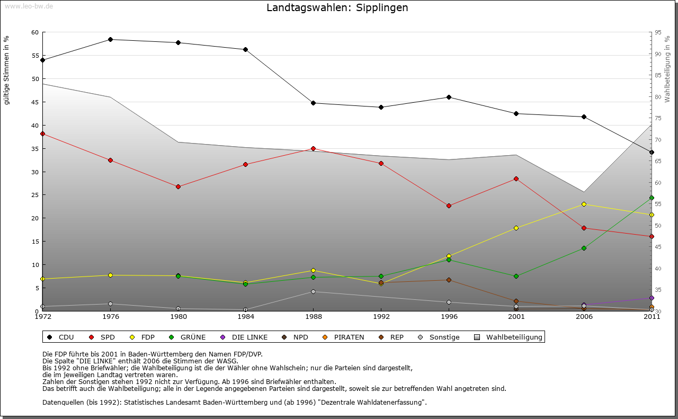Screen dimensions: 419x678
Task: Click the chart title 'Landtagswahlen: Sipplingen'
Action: coord(337,8)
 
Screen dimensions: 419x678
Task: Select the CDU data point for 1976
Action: coord(110,39)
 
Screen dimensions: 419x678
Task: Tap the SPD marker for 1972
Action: coord(42,133)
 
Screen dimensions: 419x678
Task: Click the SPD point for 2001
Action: coord(516,179)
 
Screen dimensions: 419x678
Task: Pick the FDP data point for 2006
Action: coord(584,204)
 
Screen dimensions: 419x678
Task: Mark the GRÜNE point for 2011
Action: coord(652,198)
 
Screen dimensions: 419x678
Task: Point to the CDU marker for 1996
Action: coord(449,97)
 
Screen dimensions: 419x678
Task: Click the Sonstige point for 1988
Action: coord(313,291)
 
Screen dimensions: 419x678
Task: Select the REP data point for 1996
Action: coord(449,280)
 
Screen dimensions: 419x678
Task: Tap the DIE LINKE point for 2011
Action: coord(652,298)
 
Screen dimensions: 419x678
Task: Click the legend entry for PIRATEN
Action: coord(349,337)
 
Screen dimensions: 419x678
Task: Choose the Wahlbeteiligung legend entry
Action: coord(514,337)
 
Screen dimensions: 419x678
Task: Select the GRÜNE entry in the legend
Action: coord(193,337)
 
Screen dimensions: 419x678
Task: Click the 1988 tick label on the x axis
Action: coord(313,317)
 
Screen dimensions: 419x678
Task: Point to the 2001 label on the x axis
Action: coord(516,317)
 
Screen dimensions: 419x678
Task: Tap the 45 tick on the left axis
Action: coord(35,102)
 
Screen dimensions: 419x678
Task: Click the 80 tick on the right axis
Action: coord(658,97)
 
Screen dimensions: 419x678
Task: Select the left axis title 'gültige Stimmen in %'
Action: coord(7,70)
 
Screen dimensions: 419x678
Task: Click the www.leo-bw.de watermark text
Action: coord(29,6)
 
